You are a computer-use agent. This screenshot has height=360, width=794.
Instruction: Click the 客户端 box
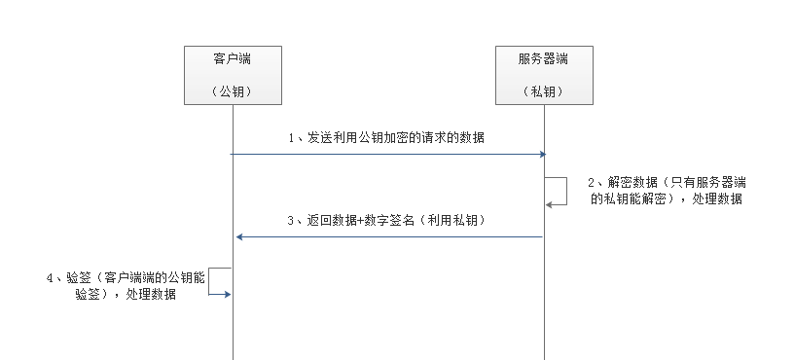(234, 74)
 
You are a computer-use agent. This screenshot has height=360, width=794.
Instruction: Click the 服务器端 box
(544, 74)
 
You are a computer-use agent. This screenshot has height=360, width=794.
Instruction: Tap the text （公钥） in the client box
(234, 91)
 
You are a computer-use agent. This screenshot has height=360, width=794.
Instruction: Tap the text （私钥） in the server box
(544, 91)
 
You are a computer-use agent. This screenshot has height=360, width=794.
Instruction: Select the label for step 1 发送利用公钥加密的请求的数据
(386, 138)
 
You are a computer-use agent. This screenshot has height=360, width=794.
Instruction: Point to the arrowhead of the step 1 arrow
(541, 154)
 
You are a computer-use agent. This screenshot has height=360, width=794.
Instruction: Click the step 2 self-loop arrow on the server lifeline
(561, 191)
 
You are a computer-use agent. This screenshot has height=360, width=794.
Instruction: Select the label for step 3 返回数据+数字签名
(386, 221)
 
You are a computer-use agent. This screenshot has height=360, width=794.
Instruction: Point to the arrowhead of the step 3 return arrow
(239, 236)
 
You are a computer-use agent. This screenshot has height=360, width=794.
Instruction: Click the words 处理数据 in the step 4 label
(152, 294)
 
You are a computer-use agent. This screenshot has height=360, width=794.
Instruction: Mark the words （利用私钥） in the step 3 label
(456, 221)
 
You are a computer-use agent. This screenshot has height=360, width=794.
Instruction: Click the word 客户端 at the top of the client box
(234, 59)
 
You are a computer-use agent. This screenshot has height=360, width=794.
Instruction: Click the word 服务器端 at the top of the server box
(544, 59)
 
